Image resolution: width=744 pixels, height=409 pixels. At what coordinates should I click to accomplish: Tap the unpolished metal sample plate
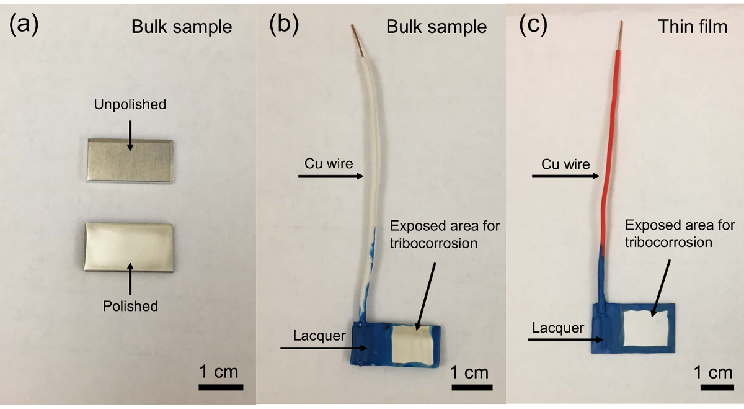[x=129, y=161]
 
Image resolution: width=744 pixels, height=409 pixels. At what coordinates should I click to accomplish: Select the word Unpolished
[x=130, y=104]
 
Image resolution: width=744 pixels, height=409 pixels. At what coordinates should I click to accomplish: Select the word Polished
[x=130, y=305]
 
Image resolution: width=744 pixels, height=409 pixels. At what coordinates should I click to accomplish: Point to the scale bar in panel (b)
[x=469, y=388]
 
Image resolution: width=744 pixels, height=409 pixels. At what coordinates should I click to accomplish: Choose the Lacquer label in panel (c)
[x=557, y=328]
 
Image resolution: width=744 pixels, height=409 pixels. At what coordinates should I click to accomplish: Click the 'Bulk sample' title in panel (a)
[x=181, y=27]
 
